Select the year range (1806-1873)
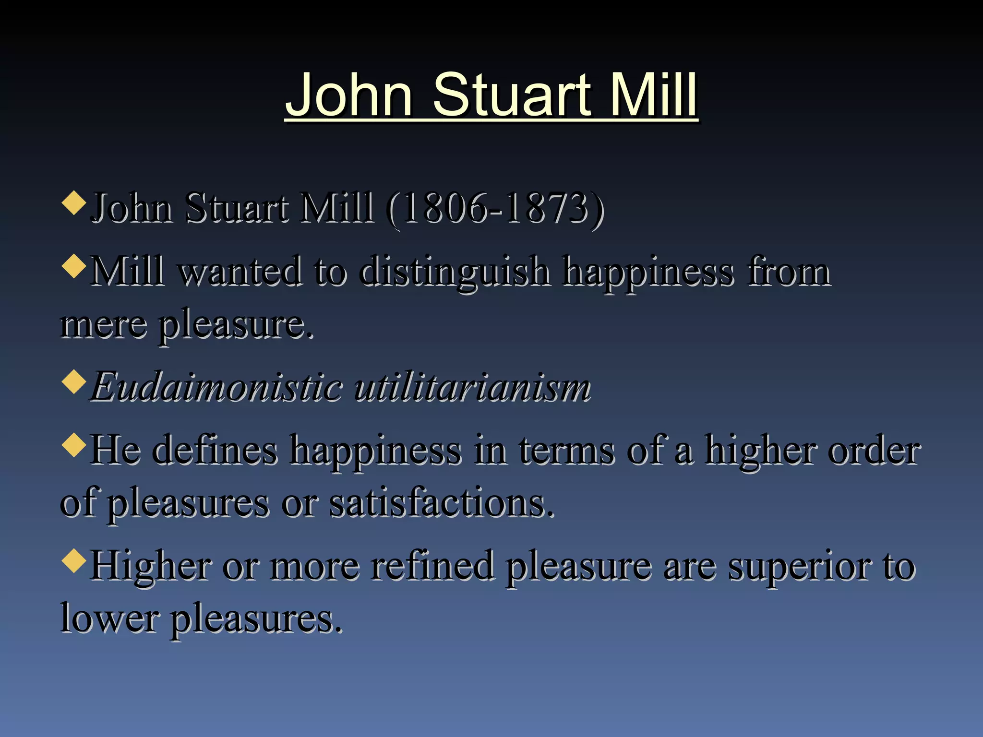click(495, 209)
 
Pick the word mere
click(104, 325)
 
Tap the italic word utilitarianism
click(473, 387)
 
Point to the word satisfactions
click(442, 504)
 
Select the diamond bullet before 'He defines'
click(74, 445)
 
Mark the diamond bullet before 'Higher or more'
click(74, 560)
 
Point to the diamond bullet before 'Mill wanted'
click(74, 266)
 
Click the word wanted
click(240, 272)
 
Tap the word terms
click(566, 451)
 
